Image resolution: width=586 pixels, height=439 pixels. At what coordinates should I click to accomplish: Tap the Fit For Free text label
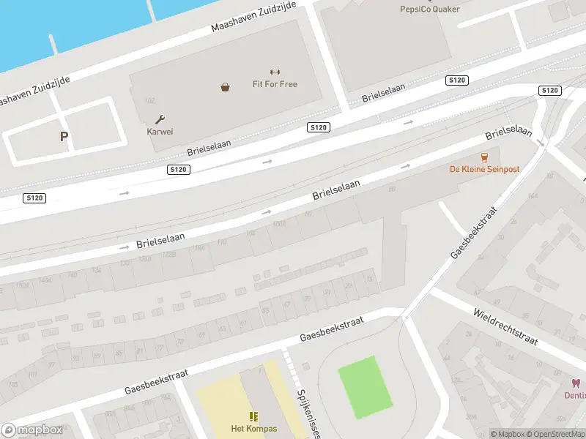coord(275,84)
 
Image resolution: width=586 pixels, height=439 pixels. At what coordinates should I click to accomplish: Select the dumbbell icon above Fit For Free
coord(275,72)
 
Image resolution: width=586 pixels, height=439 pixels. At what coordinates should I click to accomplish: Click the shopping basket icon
coord(225,87)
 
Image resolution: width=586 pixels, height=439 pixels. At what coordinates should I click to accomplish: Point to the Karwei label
coord(160,132)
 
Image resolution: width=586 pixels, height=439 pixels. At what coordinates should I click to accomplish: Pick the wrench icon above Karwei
coord(160,119)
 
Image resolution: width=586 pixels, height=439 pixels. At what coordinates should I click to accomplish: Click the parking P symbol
coord(64,136)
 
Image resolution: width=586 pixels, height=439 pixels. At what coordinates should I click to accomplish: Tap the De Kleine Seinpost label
coord(484,169)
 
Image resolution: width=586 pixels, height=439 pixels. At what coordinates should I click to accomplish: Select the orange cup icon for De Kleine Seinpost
coord(484,157)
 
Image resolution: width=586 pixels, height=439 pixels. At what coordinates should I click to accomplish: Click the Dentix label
coord(574,395)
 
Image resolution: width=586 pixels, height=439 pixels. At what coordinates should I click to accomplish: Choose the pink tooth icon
coord(576,383)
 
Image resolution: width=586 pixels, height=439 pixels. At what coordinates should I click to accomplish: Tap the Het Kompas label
coord(253,429)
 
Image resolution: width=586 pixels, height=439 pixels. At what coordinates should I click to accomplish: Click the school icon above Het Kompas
coord(253,416)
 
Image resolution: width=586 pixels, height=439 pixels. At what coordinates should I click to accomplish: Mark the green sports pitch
coord(367,387)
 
